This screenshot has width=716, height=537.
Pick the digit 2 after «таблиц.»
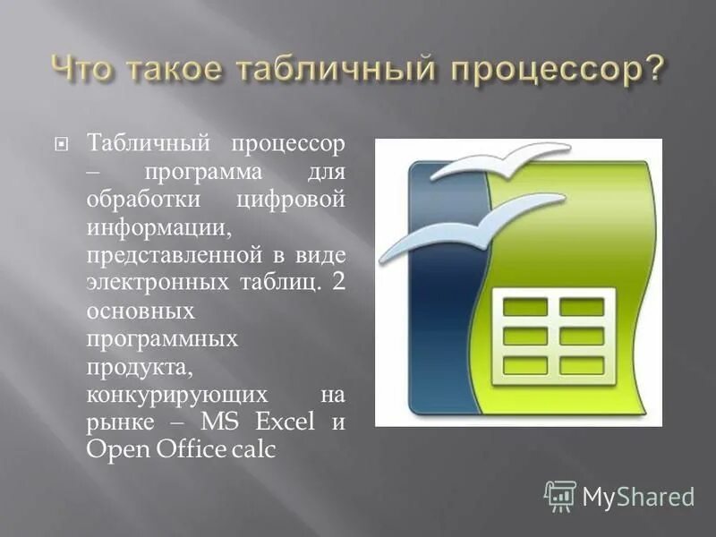[337, 284]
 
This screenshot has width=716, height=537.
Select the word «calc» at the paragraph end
[251, 450]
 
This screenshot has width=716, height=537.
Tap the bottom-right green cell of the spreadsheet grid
[582, 365]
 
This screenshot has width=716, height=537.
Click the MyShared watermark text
[637, 496]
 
